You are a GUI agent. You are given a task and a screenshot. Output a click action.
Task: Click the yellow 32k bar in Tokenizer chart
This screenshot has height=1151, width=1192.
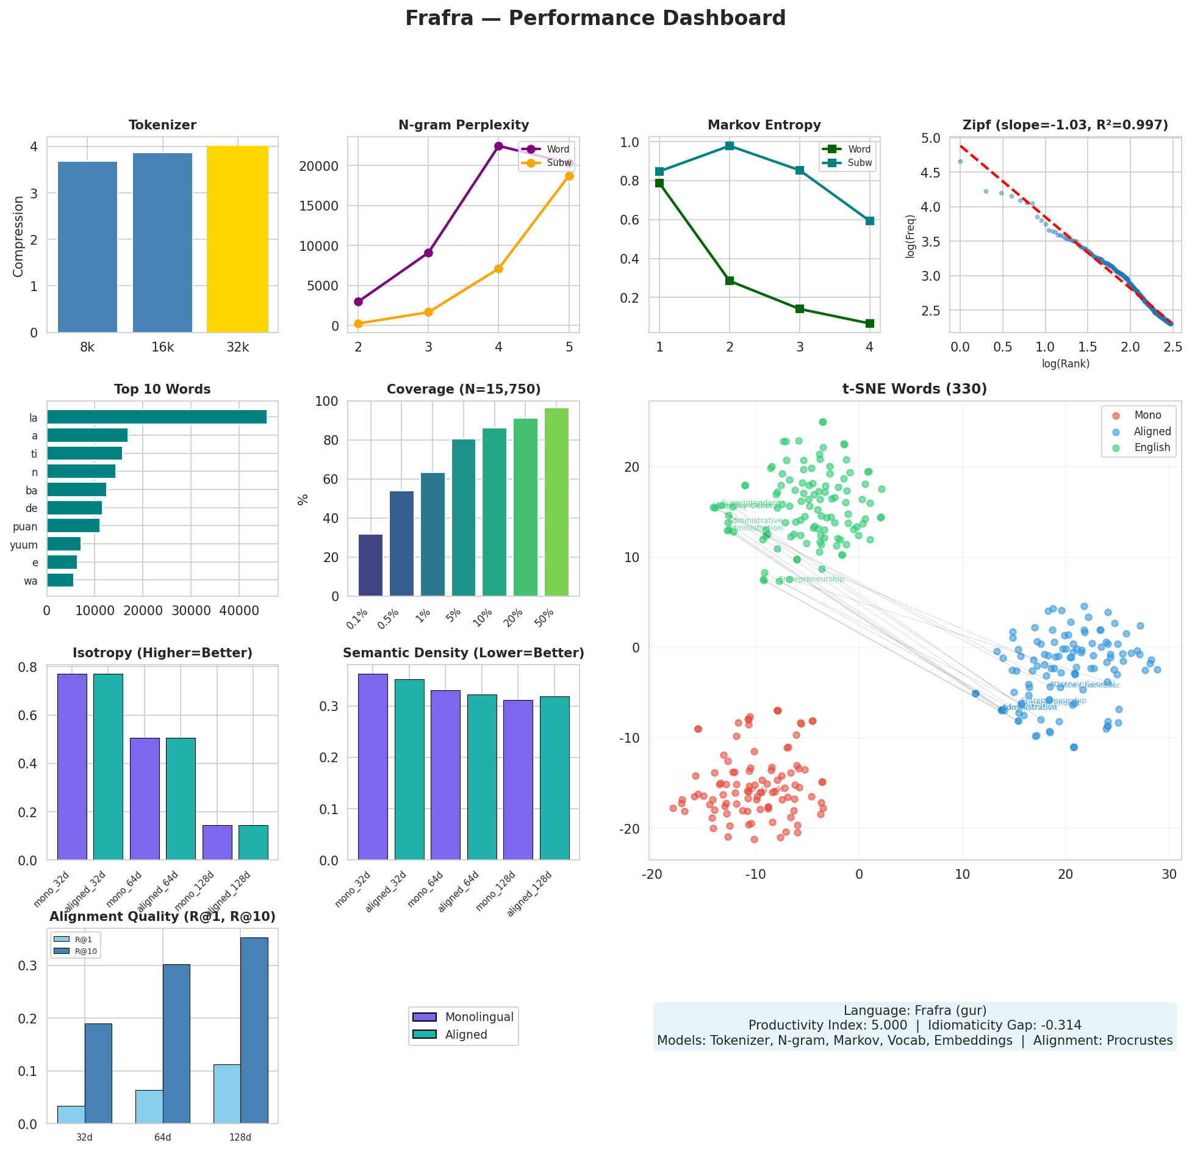tap(237, 239)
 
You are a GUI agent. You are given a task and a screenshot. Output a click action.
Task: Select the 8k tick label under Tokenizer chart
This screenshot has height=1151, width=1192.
tap(87, 347)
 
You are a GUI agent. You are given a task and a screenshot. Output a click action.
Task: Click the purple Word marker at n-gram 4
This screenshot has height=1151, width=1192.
tap(498, 146)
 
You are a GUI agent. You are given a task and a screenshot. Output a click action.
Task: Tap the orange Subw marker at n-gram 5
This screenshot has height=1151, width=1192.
tap(569, 176)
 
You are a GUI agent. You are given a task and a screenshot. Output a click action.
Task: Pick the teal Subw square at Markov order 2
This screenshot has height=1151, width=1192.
tap(729, 145)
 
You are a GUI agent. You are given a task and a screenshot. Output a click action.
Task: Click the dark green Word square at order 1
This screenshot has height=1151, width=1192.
tap(659, 182)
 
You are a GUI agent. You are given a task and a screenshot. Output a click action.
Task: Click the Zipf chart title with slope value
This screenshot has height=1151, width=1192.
tap(1065, 125)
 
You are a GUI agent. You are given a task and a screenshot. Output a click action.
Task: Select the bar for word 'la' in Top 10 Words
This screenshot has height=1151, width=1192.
tap(157, 417)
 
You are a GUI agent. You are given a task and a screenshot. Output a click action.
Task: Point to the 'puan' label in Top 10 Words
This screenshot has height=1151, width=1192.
tap(25, 527)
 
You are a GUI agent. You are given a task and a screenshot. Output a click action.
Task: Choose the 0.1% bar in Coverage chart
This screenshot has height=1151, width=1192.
tap(370, 565)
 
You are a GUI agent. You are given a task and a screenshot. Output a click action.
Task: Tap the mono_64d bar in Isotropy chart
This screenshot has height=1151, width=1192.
tap(145, 798)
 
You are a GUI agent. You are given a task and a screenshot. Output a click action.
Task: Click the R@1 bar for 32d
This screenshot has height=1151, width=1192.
tap(71, 1114)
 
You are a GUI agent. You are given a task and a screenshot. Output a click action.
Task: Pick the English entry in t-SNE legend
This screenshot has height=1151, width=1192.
tap(1152, 447)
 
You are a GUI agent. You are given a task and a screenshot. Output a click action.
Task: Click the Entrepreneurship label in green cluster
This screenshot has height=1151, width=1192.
tap(812, 579)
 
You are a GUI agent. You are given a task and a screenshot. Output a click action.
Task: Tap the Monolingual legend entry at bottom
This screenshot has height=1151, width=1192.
tap(479, 1017)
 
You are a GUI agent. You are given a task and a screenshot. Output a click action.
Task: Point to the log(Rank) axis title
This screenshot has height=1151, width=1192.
tap(1065, 364)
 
